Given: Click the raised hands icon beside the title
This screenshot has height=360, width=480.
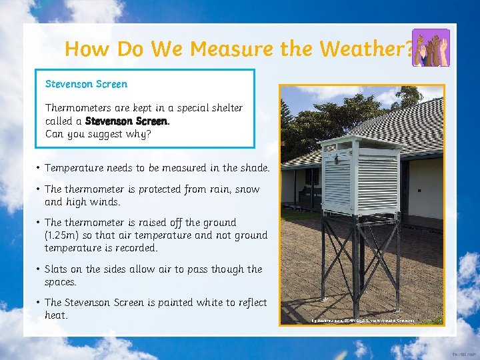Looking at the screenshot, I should (431, 47).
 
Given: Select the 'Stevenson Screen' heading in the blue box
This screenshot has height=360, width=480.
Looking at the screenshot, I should (86, 84).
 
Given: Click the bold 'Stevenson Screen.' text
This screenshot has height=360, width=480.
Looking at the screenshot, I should (127, 121).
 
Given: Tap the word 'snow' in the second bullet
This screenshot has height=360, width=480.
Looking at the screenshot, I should (246, 189).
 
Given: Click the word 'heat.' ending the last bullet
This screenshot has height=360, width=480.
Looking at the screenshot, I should (56, 315).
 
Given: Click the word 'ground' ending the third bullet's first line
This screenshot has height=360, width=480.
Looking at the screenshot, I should (219, 223).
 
